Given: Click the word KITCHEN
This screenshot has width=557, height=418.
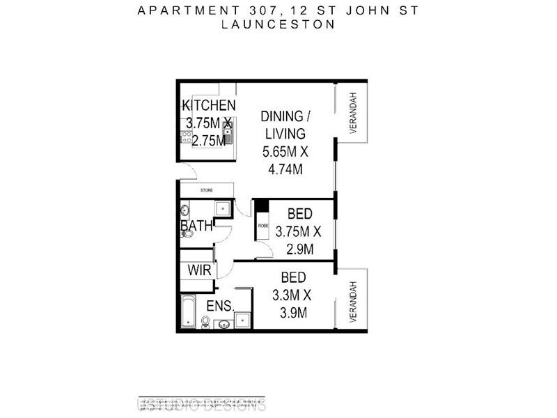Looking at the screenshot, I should click(208, 106).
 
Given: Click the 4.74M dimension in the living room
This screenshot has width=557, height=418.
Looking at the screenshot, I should click(285, 169).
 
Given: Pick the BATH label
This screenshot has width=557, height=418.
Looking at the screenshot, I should click(196, 226).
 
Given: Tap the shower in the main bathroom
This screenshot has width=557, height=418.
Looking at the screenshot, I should click(223, 208).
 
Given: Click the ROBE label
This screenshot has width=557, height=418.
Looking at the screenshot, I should click(262, 226).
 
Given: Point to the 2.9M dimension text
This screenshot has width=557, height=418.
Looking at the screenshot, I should click(299, 249).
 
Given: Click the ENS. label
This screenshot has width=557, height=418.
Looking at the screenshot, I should click(220, 307).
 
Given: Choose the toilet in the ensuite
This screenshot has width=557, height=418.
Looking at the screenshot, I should click(206, 321).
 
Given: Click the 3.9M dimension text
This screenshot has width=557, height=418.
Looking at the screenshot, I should click(292, 313).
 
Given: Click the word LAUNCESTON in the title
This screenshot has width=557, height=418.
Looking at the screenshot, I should click(277, 23).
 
